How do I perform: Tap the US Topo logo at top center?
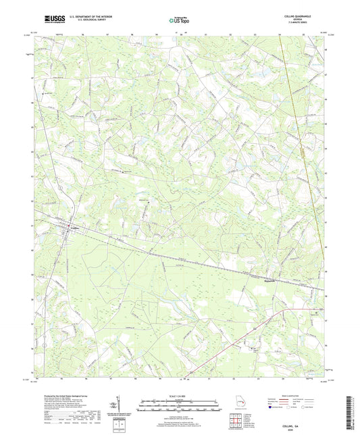[x=177, y=20]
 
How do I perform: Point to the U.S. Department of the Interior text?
[x=86, y=17]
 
